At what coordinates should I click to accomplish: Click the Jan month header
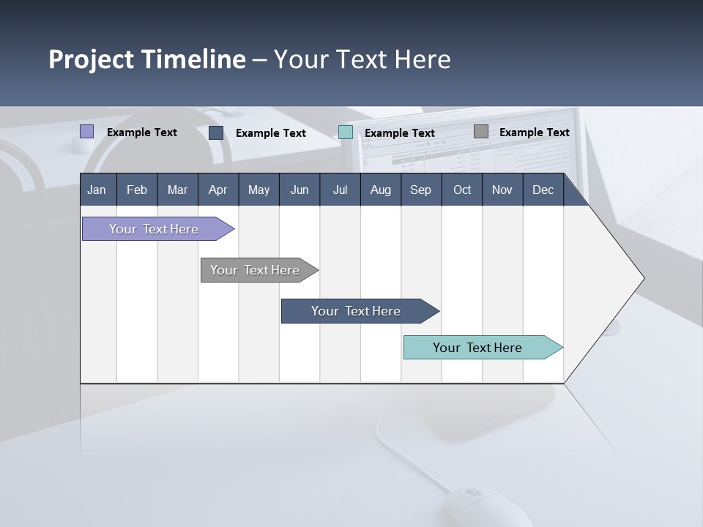[x=97, y=190]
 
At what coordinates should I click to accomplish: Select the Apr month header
[x=217, y=190]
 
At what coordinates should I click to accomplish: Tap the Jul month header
[x=340, y=190]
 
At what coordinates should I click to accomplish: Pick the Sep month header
[x=420, y=190]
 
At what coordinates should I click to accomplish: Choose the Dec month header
[x=543, y=190]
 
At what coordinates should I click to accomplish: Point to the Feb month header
[x=137, y=190]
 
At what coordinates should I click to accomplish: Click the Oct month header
[x=462, y=190]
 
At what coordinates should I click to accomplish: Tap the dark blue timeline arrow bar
[x=357, y=311]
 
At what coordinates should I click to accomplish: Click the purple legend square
[x=87, y=132]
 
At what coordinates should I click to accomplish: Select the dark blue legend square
[x=216, y=132]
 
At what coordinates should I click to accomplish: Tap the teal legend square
[x=346, y=132]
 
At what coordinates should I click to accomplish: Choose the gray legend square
[x=481, y=132]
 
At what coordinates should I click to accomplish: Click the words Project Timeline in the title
[x=147, y=59]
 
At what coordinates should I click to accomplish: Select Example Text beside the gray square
[x=534, y=132]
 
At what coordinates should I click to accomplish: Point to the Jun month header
[x=300, y=190]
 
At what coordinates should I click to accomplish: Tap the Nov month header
[x=502, y=190]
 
